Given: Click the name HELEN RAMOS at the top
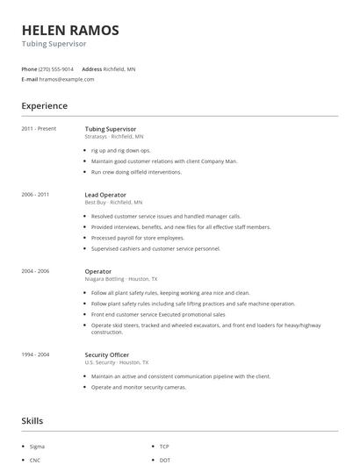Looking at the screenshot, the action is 70,30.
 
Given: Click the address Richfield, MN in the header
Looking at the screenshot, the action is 119,68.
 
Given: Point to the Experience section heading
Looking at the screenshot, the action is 44,106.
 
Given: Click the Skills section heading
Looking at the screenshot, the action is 32,421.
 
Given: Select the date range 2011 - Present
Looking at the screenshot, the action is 39,129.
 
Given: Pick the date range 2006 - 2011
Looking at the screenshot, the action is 35,195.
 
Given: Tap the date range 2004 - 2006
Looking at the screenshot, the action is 35,272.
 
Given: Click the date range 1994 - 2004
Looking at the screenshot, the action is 35,354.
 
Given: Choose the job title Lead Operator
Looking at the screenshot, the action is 105,195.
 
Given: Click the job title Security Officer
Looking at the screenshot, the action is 107,354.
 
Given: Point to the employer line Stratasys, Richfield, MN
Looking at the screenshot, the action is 114,137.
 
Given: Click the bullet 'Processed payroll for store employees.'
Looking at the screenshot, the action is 138,238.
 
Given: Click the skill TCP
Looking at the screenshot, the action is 164,447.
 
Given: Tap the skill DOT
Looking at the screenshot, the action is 165,460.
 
